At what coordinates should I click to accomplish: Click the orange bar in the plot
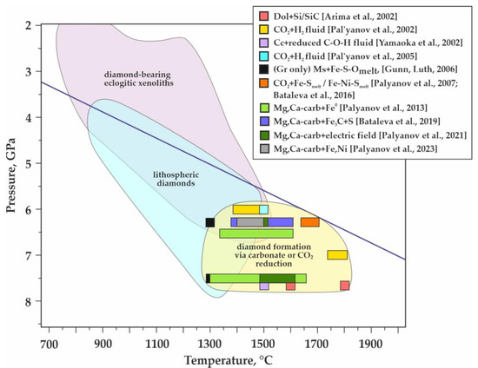tap(309, 222)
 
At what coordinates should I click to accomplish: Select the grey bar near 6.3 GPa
tap(250, 222)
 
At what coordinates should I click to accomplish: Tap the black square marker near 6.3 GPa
tap(210, 222)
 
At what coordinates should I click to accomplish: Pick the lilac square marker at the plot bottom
tap(264, 286)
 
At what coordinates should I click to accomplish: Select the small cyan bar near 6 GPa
tap(263, 209)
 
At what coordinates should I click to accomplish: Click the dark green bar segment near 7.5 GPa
tap(277, 278)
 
